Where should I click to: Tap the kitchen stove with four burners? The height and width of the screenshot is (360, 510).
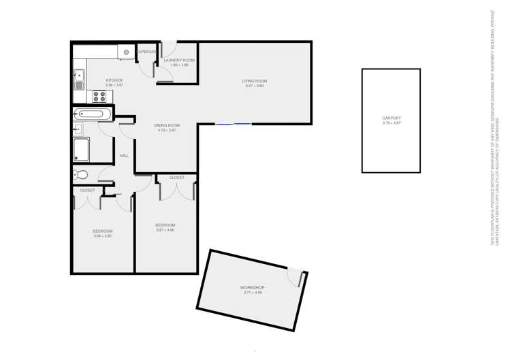[x=99, y=95]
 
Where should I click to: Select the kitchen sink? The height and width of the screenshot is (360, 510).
[x=79, y=80]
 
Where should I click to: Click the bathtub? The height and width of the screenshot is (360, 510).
[x=91, y=114]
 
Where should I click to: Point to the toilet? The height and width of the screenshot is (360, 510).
[x=81, y=175]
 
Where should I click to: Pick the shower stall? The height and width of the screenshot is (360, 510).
[x=81, y=149]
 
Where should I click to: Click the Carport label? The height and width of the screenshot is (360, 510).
[x=392, y=118]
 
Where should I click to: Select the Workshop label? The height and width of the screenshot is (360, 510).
[x=252, y=287]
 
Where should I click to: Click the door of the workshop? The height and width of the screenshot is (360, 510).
[x=297, y=276]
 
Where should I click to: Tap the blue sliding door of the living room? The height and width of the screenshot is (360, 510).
[x=234, y=124]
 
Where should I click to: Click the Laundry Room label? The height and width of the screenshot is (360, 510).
[x=179, y=60]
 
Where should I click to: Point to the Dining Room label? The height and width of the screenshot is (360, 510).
[x=167, y=125]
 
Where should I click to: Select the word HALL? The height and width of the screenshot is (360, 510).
[x=124, y=156]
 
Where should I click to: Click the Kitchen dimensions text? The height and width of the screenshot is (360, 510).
[x=114, y=85]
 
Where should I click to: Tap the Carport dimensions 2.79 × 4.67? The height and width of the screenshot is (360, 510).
[x=392, y=123]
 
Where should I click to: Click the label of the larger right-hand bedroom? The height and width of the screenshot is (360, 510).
[x=165, y=225]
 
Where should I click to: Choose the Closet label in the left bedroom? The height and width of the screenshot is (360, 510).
[x=87, y=191]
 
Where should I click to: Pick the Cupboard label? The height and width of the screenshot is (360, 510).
[x=147, y=52]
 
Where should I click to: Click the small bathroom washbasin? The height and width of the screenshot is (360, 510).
[x=78, y=129]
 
